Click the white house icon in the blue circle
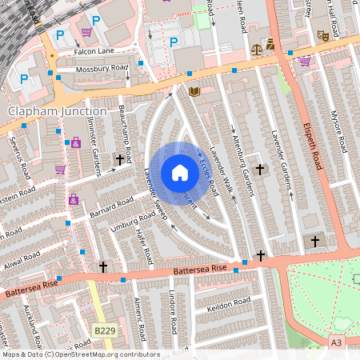tap(180, 173)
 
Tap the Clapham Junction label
tap(57, 111)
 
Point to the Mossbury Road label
tap(102, 70)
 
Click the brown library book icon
tap(193, 92)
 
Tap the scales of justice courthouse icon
tap(257, 48)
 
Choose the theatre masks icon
tap(323, 36)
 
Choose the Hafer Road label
tap(144, 245)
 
